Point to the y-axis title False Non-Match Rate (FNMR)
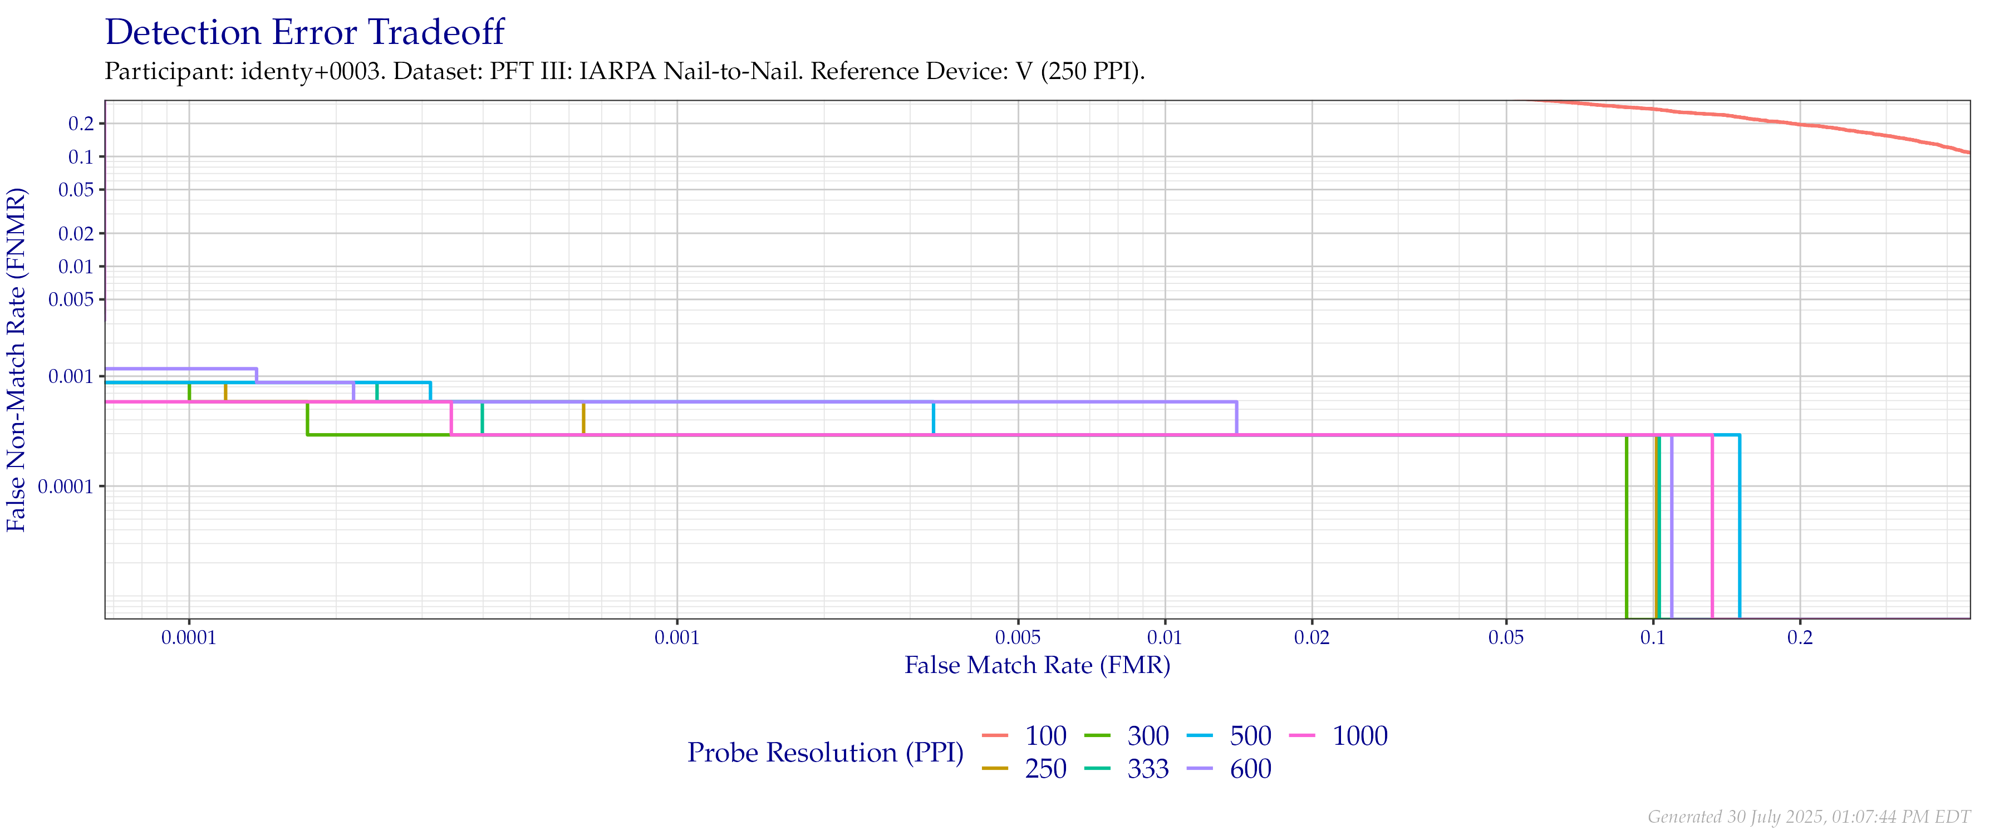pyautogui.click(x=17, y=360)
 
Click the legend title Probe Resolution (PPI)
pyautogui.click(x=826, y=753)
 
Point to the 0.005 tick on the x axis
pyautogui.click(x=1018, y=638)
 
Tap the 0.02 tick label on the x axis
pyautogui.click(x=1312, y=638)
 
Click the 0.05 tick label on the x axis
pyautogui.click(x=1506, y=638)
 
